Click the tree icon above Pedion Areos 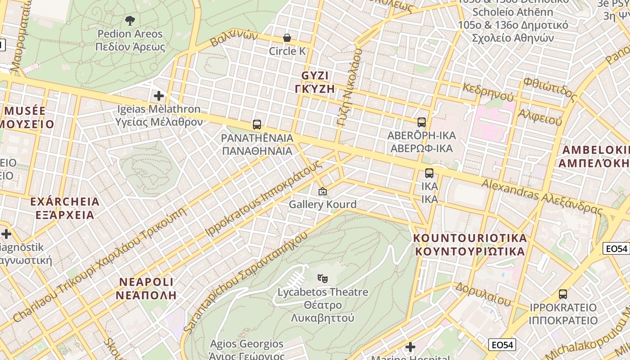130,20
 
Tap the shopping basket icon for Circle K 287,38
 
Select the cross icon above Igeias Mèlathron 158,96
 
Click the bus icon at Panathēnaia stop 257,125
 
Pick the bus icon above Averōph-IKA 422,122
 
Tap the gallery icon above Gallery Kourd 322,191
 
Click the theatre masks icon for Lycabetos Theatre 322,279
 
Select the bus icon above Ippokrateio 562,294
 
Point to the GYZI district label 315,82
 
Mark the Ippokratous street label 264,198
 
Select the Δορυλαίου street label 483,293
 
